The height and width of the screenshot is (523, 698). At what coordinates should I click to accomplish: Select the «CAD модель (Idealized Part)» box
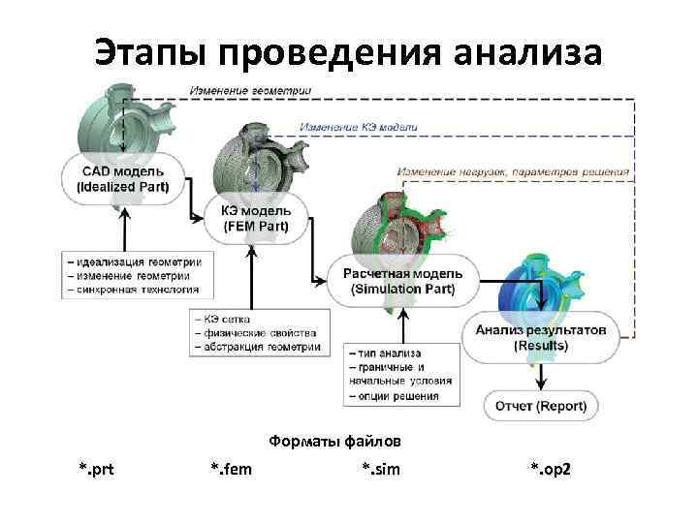pos(122,178)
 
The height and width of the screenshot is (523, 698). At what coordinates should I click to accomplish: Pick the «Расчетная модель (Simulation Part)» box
pos(402,281)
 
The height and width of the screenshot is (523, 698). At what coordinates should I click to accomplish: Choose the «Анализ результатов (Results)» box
pos(541,337)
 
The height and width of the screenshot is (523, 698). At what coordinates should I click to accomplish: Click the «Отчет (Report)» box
pos(541,405)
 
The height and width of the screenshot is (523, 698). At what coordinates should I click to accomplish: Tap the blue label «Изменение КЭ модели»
pos(359,127)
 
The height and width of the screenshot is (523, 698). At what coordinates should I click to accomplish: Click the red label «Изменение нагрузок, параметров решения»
pos(514,171)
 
